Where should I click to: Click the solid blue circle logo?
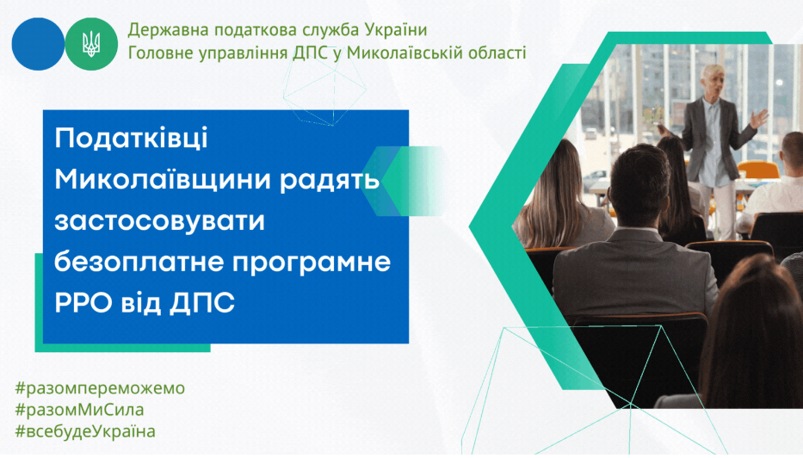[x=38, y=44]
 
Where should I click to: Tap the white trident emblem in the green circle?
[x=92, y=44]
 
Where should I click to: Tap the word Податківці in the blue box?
[x=131, y=139]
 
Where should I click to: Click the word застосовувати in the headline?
[x=159, y=221]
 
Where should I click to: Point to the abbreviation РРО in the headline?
[x=83, y=302]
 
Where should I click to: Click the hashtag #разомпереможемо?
[x=100, y=388]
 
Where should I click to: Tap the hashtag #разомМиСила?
[x=79, y=410]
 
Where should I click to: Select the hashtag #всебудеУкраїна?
[x=85, y=431]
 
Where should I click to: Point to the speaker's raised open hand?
[x=758, y=118]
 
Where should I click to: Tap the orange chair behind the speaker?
[x=758, y=170]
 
